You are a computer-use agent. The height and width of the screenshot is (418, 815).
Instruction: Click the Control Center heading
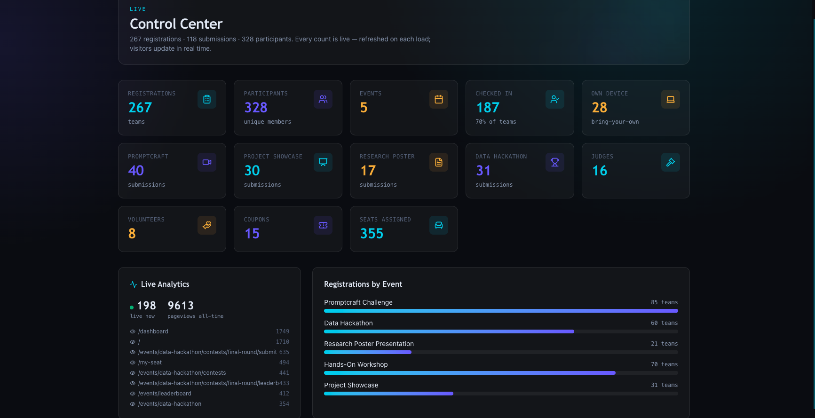pyautogui.click(x=176, y=24)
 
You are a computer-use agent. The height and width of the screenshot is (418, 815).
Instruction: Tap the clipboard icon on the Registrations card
pyautogui.click(x=207, y=99)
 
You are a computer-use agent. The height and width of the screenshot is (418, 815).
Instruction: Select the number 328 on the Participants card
pyautogui.click(x=256, y=108)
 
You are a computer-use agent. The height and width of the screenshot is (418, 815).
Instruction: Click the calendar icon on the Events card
pyautogui.click(x=439, y=99)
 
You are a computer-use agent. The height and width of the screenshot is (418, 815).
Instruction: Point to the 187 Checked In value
pyautogui.click(x=488, y=108)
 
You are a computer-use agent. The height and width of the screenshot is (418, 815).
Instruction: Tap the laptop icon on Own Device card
pyautogui.click(x=671, y=99)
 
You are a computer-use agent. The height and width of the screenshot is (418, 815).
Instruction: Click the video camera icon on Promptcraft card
pyautogui.click(x=207, y=162)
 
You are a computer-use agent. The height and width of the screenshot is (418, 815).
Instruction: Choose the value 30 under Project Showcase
pyautogui.click(x=252, y=171)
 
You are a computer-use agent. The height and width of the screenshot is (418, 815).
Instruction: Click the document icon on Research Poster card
pyautogui.click(x=439, y=162)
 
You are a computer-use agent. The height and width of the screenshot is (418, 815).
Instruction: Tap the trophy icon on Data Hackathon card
pyautogui.click(x=555, y=162)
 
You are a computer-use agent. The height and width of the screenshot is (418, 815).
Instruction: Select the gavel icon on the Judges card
pyautogui.click(x=671, y=162)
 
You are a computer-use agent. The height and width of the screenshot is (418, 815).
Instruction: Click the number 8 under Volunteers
pyautogui.click(x=132, y=234)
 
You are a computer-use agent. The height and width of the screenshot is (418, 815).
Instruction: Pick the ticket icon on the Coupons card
pyautogui.click(x=323, y=225)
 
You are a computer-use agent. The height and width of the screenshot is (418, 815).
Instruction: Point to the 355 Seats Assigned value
pyautogui.click(x=372, y=234)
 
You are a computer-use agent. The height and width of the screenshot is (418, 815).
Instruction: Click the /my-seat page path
pyautogui.click(x=150, y=363)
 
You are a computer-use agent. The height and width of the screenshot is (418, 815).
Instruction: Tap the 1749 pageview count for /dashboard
pyautogui.click(x=283, y=331)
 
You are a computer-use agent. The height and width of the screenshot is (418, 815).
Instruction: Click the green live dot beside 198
pyautogui.click(x=132, y=308)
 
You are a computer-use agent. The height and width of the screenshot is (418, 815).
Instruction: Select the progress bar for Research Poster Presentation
pyautogui.click(x=501, y=352)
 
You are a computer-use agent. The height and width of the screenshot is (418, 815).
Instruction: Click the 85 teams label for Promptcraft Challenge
pyautogui.click(x=665, y=302)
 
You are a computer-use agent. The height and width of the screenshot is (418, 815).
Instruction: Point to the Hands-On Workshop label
pyautogui.click(x=356, y=364)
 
